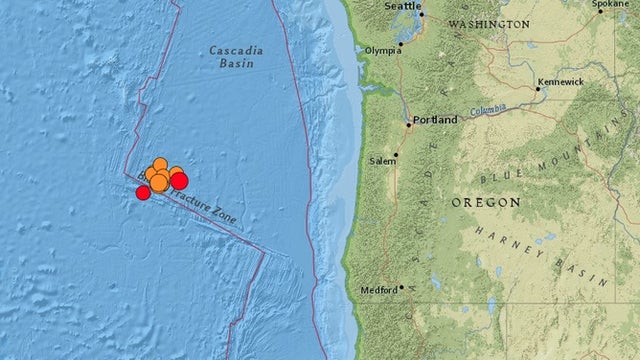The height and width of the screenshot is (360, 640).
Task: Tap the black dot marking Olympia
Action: click(x=401, y=43)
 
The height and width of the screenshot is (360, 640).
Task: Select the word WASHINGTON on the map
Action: click(x=488, y=23)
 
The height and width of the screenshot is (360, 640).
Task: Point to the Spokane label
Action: click(x=609, y=4)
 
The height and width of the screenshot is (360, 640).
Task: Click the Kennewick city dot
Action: click(x=538, y=89)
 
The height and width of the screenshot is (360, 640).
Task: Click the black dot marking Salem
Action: click(x=397, y=156)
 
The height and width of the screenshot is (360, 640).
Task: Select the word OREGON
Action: click(x=486, y=202)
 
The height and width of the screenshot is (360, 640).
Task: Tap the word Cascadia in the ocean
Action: click(x=232, y=49)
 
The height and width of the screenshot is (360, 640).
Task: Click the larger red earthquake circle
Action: click(x=179, y=180)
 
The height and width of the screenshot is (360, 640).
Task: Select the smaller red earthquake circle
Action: click(x=143, y=192)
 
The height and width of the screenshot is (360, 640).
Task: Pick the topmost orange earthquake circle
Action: click(x=160, y=164)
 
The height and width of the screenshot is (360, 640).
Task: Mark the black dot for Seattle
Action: click(x=422, y=14)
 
